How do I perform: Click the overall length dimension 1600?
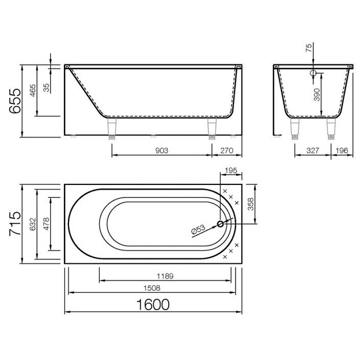click(x=153, y=305)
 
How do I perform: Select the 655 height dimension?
click(x=15, y=101)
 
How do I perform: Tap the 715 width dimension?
click(x=15, y=224)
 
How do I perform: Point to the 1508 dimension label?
click(x=151, y=288)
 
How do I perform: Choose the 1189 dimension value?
click(x=165, y=276)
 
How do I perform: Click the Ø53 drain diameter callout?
click(x=198, y=230)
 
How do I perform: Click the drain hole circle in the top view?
click(x=221, y=224)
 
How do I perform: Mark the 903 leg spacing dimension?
click(x=162, y=150)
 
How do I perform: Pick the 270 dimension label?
click(x=226, y=150)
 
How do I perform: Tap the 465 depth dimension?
click(x=33, y=90)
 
